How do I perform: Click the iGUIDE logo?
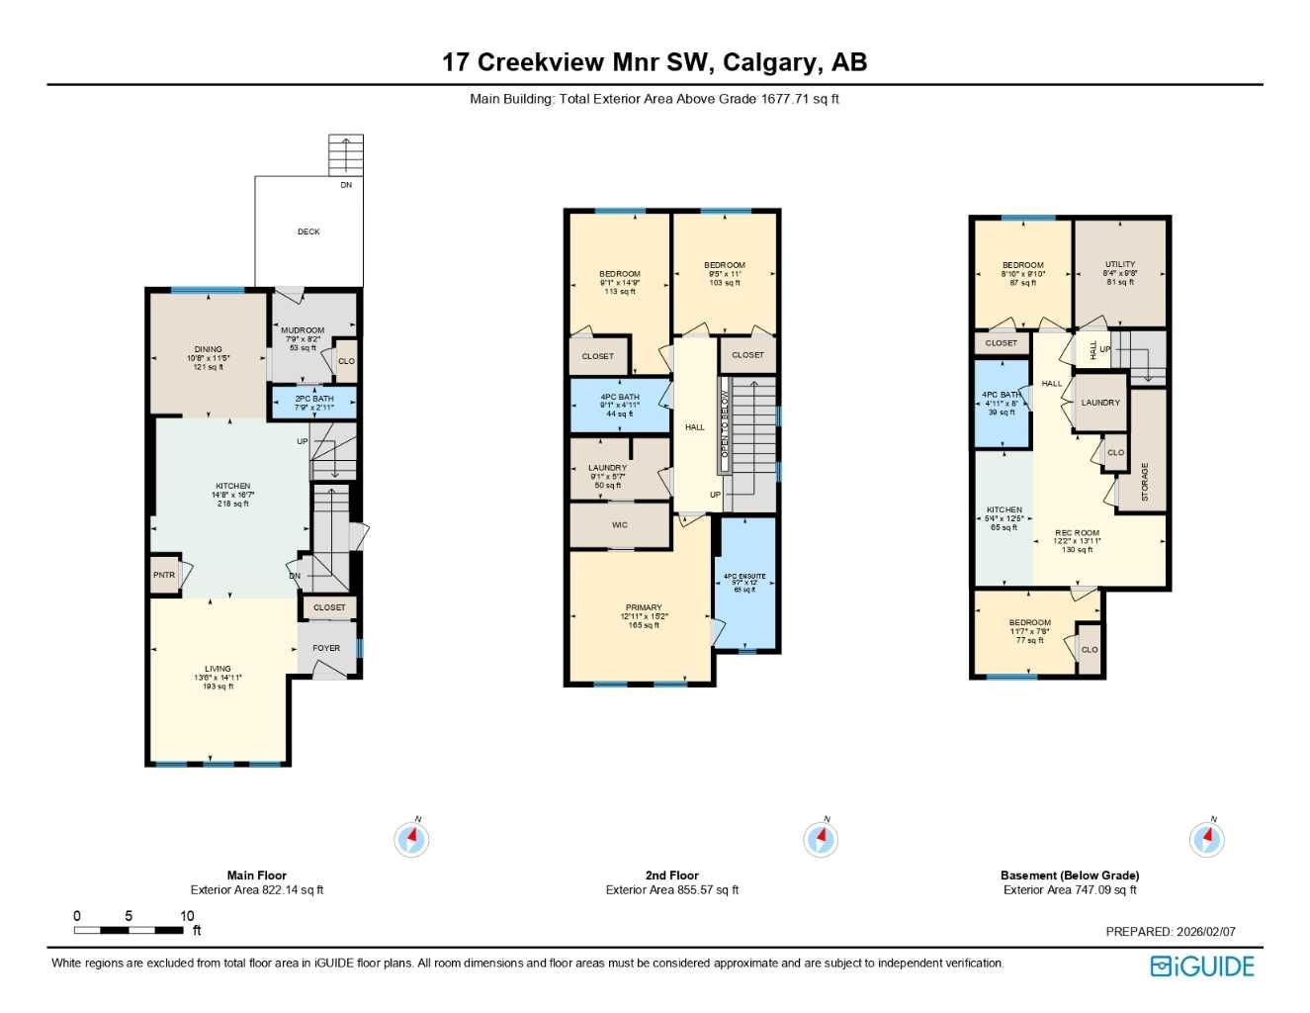click(1201, 967)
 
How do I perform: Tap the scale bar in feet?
click(129, 930)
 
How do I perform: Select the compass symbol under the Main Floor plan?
click(411, 840)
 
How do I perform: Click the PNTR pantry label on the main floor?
click(164, 575)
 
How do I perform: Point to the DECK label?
click(308, 231)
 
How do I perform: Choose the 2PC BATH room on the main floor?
click(313, 403)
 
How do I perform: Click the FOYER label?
click(326, 648)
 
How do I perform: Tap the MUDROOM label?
click(303, 330)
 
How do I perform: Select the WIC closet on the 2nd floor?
click(620, 525)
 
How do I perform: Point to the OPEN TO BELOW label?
click(725, 424)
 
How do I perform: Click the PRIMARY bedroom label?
click(644, 608)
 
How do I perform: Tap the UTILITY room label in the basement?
click(1120, 265)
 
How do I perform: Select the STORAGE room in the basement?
click(1145, 481)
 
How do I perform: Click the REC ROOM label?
click(1078, 533)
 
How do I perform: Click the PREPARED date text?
click(1171, 931)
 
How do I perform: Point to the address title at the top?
click(655, 62)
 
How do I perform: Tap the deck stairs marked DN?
click(346, 154)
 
